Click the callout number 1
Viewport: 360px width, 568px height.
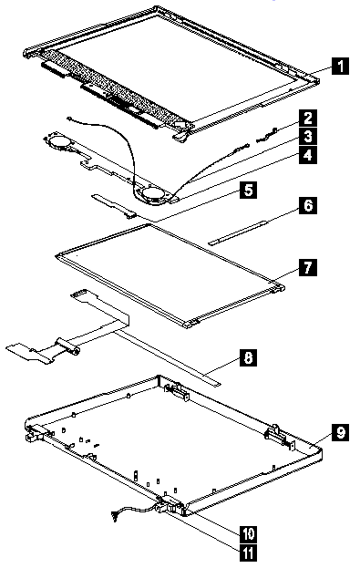[340, 67]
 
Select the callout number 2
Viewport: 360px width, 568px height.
[308, 119]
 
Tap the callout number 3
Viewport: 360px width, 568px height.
[308, 137]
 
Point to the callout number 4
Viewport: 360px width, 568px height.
[308, 155]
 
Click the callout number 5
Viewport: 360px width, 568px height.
[248, 190]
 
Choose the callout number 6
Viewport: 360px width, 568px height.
[308, 205]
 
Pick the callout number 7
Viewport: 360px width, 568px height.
[308, 268]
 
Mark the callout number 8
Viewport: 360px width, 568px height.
[248, 357]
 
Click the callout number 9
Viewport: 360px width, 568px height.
[341, 432]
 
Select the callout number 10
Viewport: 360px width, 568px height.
[248, 533]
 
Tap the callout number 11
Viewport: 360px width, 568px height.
[248, 553]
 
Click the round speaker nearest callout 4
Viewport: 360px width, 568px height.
[153, 194]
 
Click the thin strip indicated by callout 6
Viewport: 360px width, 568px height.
[238, 232]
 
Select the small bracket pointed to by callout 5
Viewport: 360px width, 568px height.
[113, 206]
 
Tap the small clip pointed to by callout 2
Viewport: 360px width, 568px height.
[267, 136]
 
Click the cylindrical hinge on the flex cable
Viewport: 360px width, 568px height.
[67, 346]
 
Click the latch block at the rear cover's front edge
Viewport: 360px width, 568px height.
[170, 505]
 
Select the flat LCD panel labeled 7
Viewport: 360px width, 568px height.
[170, 276]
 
